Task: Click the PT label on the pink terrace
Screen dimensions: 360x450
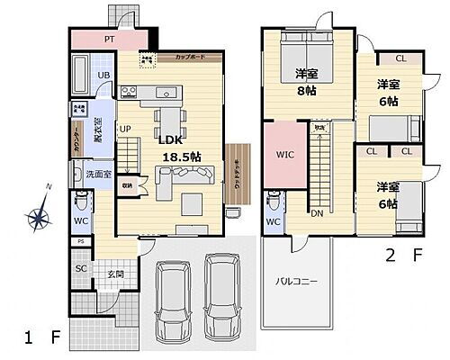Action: [x=109, y=39]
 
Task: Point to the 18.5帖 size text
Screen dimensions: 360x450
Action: [x=180, y=156]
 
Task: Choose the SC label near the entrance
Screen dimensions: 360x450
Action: [x=80, y=266]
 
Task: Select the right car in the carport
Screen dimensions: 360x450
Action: [x=221, y=296]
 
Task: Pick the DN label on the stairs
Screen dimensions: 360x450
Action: [x=318, y=214]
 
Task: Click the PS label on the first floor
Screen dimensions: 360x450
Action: [x=80, y=241]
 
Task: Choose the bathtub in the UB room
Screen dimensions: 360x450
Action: [x=78, y=71]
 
